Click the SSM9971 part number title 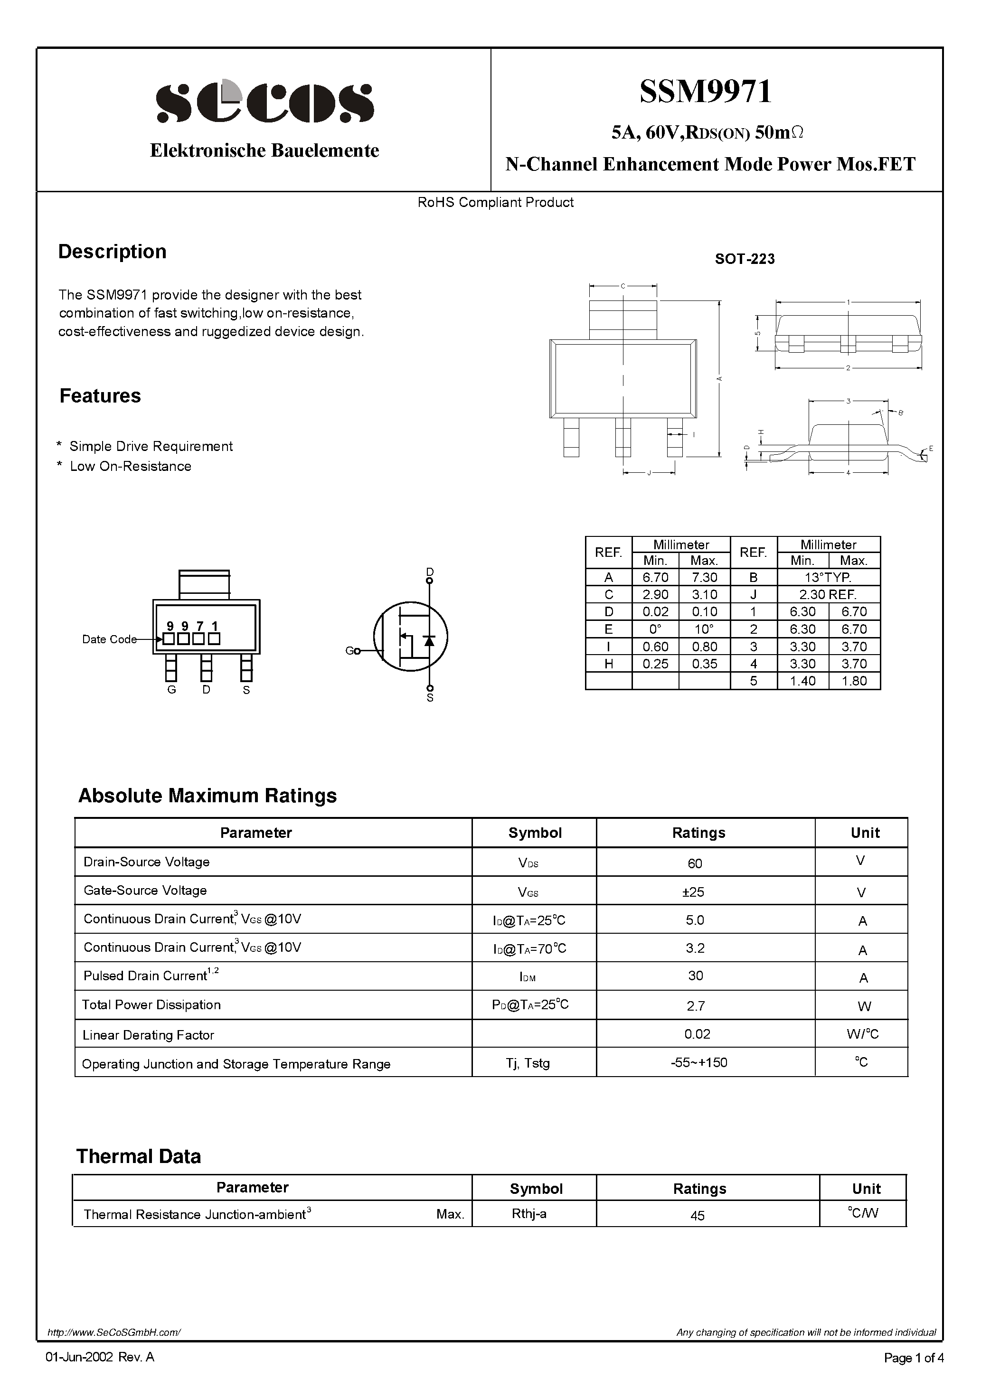[706, 92]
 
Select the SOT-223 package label [745, 259]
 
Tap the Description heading [112, 252]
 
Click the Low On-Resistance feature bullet [130, 466]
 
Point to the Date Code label [109, 639]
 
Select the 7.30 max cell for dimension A [704, 577]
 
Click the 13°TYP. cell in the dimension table [828, 577]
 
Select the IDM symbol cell [528, 977]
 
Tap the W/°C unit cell [862, 1034]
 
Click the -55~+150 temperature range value [698, 1062]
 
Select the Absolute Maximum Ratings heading [208, 796]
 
